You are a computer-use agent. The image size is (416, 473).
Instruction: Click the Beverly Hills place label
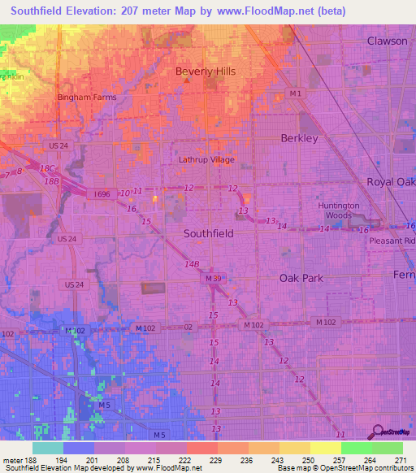[x=206, y=72]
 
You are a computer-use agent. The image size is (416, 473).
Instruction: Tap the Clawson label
[x=387, y=41]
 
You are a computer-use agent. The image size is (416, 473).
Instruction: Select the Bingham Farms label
[x=87, y=98]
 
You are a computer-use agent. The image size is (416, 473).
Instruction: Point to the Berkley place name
[x=299, y=138]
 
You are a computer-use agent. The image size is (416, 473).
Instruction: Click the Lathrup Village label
[x=206, y=160]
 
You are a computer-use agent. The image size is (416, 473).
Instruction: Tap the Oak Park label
[x=301, y=278]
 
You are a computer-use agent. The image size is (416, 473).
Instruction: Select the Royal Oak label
[x=391, y=182]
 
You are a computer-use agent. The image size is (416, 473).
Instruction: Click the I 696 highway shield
[x=102, y=194]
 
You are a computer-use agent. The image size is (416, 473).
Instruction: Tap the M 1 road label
[x=298, y=94]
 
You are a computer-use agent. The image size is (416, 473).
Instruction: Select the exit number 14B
[x=192, y=264]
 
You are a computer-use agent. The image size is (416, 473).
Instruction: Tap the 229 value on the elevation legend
[x=215, y=459]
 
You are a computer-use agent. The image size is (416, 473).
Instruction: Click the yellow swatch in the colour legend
[x=325, y=448]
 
